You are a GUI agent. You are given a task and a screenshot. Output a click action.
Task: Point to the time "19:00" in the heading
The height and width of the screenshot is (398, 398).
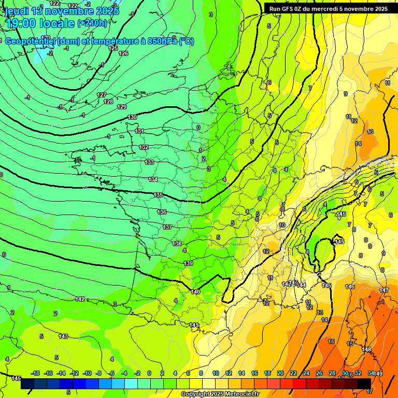tap(23, 23)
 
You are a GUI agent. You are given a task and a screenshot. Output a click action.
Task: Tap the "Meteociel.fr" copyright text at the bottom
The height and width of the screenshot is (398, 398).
tap(238, 394)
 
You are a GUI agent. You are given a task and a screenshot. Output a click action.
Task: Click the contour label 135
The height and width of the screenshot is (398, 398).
tap(158, 195)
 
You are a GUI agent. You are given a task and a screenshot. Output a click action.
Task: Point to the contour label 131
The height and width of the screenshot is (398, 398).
tap(140, 131)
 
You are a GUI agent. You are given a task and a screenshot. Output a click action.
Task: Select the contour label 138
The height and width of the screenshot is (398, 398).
tap(177, 244)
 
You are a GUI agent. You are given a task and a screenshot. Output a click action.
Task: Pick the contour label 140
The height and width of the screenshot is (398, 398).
tap(195, 292)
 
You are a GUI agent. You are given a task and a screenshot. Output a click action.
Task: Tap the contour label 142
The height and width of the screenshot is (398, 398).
tap(80, 299)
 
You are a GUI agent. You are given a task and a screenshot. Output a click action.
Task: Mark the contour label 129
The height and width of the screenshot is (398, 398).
tap(122, 107)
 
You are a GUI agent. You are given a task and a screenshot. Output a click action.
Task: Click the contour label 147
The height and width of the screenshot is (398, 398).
tap(383, 290)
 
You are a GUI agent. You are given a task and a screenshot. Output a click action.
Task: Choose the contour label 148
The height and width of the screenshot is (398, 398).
tap(366, 350)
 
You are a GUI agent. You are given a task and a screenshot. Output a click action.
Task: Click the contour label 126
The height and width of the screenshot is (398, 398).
tap(123, 53)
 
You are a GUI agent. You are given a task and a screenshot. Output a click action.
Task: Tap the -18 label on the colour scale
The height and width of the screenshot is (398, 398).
tap(35, 373)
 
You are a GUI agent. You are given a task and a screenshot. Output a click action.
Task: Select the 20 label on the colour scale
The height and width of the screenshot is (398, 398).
tap(280, 373)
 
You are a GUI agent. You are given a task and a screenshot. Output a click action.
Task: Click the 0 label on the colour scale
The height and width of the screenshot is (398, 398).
tap(149, 373)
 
